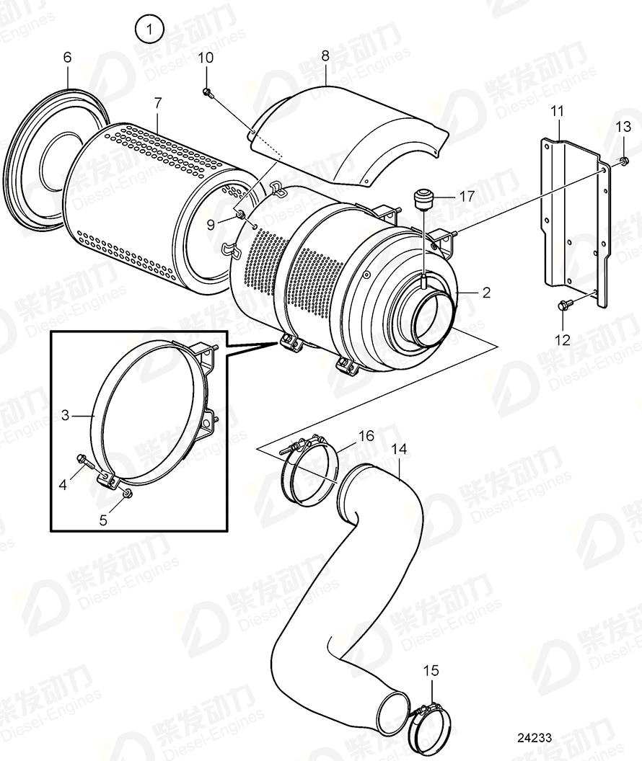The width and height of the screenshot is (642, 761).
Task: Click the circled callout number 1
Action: click(x=149, y=30)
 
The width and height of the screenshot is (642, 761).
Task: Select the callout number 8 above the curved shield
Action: click(x=325, y=54)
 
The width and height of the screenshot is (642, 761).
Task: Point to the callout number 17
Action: click(x=467, y=195)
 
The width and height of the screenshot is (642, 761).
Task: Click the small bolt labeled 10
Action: click(x=207, y=92)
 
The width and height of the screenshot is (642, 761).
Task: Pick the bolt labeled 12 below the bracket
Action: click(x=564, y=306)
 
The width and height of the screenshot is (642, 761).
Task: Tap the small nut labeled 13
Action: click(x=622, y=161)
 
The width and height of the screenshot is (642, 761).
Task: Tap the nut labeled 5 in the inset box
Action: click(x=127, y=492)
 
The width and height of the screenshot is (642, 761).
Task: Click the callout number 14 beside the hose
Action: click(x=398, y=449)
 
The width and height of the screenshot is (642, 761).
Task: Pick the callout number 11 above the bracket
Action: click(x=558, y=111)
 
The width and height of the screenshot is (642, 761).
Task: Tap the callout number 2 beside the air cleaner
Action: click(x=486, y=293)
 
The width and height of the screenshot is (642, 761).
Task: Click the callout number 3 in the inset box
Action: click(x=64, y=414)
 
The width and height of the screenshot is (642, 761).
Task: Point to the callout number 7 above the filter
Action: click(x=157, y=103)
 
